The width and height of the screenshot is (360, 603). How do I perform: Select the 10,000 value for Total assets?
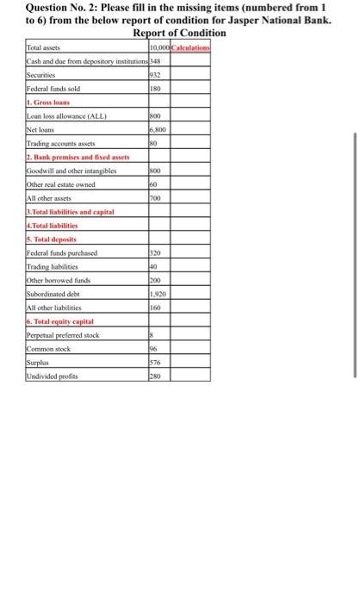(x=161, y=47)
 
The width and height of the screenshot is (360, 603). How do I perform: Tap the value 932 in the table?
(x=156, y=75)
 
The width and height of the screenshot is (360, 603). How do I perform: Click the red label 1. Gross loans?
(x=51, y=103)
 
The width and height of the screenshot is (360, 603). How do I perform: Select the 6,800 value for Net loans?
(x=158, y=130)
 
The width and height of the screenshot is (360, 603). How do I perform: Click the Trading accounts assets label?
(x=60, y=144)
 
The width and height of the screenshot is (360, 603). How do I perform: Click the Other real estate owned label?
(x=64, y=184)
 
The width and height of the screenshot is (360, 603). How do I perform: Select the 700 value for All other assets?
(x=156, y=198)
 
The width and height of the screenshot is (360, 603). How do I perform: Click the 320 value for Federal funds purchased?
(x=156, y=253)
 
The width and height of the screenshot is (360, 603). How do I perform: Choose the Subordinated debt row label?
(x=57, y=294)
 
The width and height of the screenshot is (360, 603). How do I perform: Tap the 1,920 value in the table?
(x=158, y=294)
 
